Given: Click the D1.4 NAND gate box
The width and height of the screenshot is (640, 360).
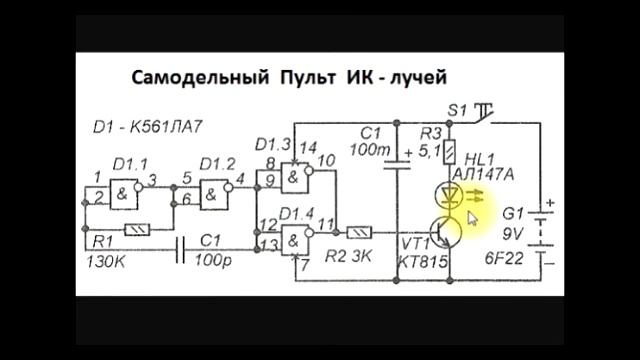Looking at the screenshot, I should tap(296, 238).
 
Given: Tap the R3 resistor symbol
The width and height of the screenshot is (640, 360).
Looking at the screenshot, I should tap(450, 151).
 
